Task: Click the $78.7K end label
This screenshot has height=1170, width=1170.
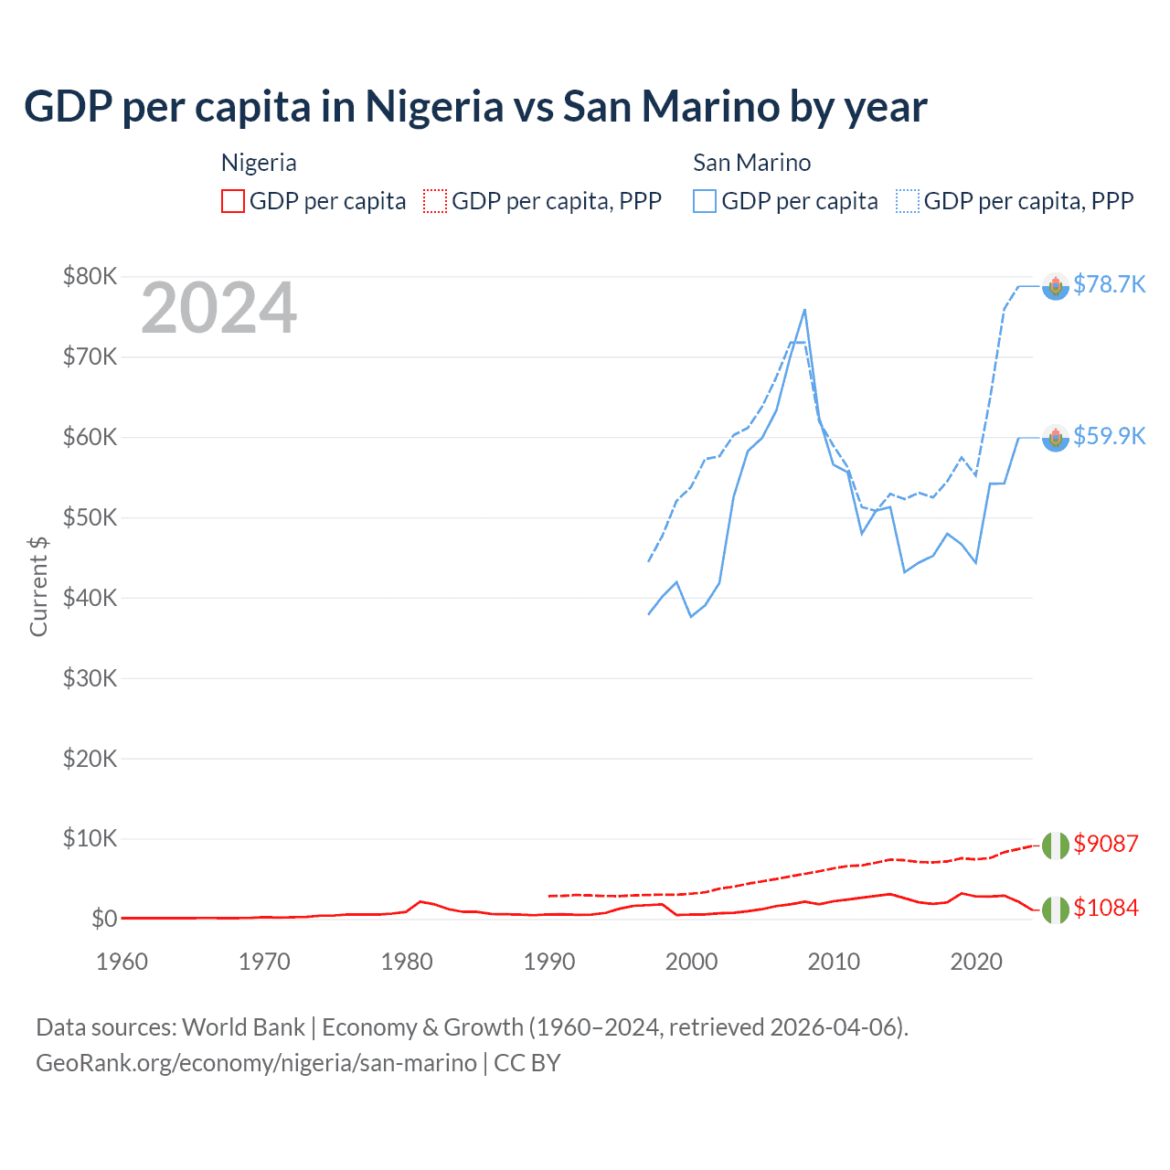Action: point(1109,284)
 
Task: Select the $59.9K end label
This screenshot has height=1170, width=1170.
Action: point(1109,436)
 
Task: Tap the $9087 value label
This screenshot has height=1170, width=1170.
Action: point(1105,843)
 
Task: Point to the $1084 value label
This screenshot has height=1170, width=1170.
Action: point(1105,908)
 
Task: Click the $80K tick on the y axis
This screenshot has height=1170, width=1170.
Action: point(90,276)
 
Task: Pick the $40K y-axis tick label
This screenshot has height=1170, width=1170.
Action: point(90,598)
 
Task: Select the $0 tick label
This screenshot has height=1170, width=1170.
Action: point(104,919)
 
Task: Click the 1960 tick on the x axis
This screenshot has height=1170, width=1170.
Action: point(122,962)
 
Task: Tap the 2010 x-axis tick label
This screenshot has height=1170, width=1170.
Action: point(834,962)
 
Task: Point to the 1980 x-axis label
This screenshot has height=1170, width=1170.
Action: point(407,962)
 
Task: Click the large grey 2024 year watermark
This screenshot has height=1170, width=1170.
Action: point(218,308)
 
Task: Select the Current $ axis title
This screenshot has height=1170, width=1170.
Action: point(38,586)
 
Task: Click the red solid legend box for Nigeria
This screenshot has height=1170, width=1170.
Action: point(233,201)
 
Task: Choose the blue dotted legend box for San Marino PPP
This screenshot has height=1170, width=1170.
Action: point(908,201)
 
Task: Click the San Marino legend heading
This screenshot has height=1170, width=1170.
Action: point(751,163)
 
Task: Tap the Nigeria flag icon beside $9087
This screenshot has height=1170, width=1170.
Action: point(1056,846)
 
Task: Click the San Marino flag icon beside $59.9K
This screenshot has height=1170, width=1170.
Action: point(1056,438)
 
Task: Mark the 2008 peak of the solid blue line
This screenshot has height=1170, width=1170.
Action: point(804,310)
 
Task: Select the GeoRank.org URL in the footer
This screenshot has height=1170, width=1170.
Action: point(256,1063)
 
